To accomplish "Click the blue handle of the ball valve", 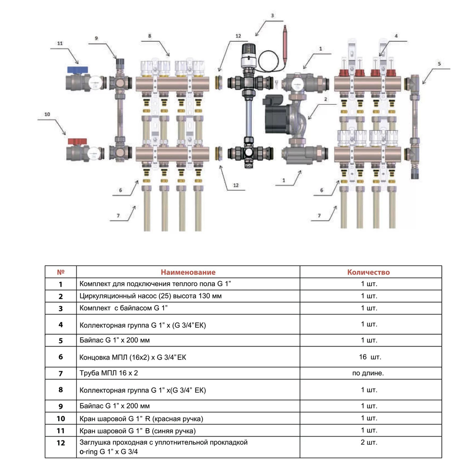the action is point(78,70).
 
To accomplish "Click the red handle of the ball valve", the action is point(78,141).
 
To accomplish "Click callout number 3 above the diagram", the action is point(272,16).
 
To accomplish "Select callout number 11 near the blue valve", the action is point(60,43).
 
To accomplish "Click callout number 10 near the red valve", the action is point(47,114).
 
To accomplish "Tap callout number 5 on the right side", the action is point(439,63).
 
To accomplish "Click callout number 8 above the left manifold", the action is point(149,36).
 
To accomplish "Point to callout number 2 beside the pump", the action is point(326,99).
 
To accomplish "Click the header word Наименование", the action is point(188,272).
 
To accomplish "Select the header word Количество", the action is point(368,272).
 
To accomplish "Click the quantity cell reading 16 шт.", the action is point(370,357).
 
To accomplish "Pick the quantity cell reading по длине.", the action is point(368,373).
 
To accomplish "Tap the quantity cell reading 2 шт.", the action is point(369,442).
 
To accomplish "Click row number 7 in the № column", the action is point(61,374).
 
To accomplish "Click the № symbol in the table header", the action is point(61,272).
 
